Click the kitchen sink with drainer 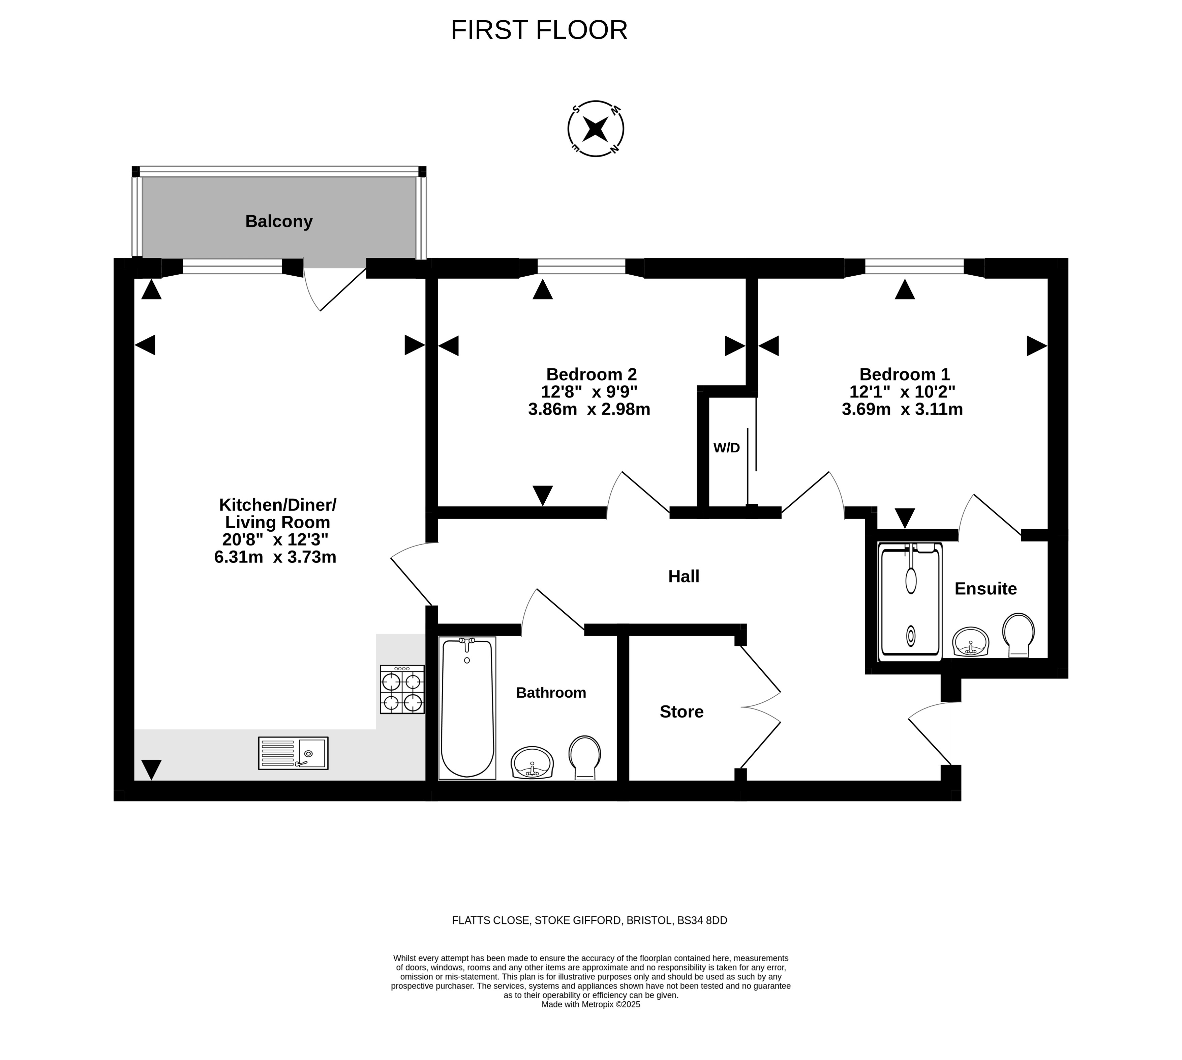(293, 753)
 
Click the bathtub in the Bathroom (467, 708)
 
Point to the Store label (681, 712)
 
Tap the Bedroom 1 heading (904, 374)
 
